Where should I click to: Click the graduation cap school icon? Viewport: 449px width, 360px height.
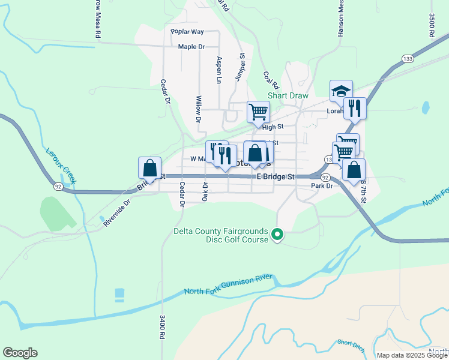(x=341, y=91)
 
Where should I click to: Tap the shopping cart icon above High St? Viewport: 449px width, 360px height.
(x=258, y=112)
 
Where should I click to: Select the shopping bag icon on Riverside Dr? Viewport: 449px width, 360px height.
(x=149, y=169)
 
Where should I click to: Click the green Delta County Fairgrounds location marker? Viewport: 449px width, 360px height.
(x=277, y=234)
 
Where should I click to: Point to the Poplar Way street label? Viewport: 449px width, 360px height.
(x=187, y=32)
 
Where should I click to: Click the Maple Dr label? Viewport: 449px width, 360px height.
(x=191, y=46)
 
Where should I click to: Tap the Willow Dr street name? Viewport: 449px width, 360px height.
(x=198, y=109)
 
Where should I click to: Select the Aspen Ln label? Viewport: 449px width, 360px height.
(x=219, y=70)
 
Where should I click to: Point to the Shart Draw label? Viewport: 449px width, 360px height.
(x=288, y=95)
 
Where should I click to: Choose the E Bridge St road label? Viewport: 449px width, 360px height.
(x=276, y=177)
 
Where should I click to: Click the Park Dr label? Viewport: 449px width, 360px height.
(x=322, y=186)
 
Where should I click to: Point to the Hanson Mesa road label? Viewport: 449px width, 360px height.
(x=340, y=18)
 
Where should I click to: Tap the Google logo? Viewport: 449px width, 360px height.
(x=20, y=353)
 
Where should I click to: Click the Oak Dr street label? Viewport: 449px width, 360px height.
(x=205, y=192)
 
